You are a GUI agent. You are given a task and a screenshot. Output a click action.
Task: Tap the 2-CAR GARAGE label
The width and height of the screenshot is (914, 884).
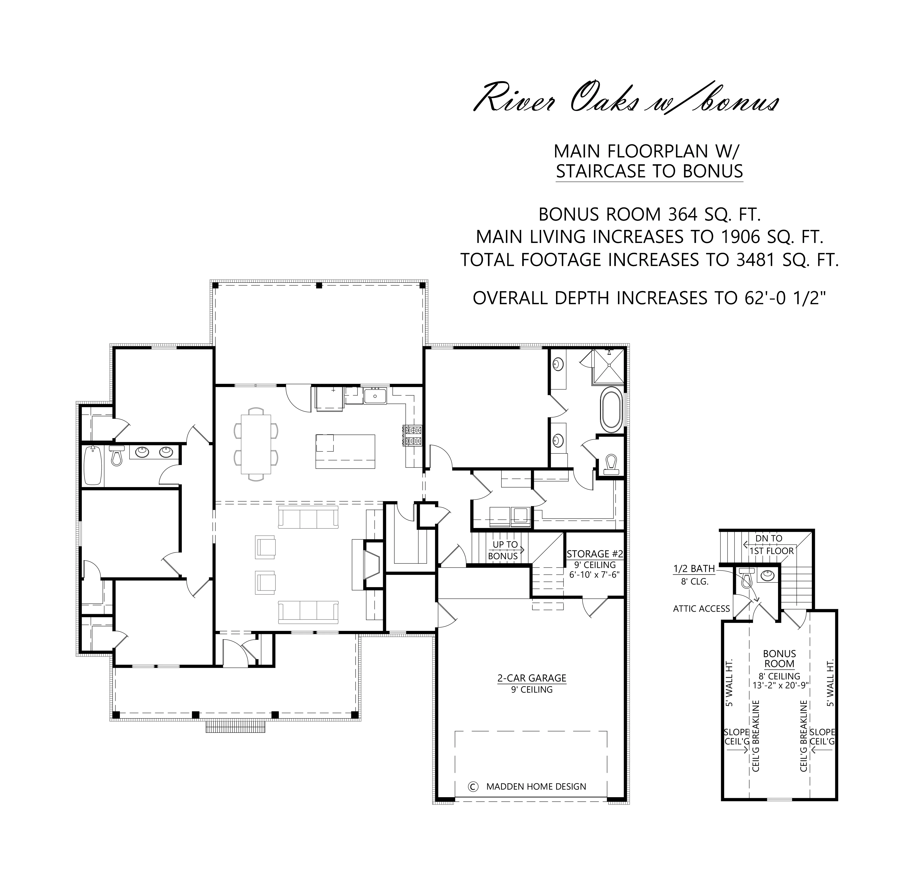point(532,678)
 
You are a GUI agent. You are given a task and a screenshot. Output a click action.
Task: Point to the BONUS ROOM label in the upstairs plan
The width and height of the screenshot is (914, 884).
point(779,658)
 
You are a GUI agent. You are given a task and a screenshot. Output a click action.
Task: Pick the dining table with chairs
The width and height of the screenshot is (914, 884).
point(256,444)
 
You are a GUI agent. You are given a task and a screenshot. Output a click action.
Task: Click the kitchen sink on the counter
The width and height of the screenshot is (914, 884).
point(375,396)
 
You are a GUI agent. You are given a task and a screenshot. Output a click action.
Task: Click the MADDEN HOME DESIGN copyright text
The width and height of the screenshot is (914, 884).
point(536,787)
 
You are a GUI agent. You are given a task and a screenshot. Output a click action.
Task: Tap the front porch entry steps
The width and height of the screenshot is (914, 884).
point(236,726)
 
